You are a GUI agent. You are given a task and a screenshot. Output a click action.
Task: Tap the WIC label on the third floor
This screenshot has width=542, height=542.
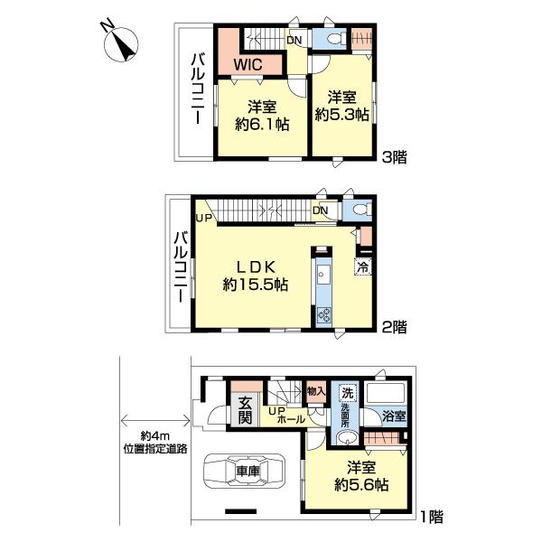pos(248,64)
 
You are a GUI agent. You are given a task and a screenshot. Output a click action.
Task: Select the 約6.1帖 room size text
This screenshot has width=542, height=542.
pos(262,124)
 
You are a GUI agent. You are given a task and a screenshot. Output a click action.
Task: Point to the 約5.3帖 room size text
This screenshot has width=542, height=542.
pos(341,115)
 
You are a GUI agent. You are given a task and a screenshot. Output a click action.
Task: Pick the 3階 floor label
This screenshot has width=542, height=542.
pos(394,157)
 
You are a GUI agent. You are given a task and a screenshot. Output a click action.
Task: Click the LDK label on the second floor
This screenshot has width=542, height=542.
pos(256,266)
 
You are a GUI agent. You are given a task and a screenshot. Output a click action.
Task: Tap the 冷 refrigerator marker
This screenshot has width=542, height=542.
pos(362,266)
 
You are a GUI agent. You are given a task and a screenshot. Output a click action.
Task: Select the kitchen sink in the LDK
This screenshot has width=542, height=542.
pos(323,275)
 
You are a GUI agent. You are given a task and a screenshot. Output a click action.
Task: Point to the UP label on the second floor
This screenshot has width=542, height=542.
pos(203,219)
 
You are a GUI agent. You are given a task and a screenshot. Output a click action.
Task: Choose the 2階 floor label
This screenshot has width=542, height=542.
pos(394,326)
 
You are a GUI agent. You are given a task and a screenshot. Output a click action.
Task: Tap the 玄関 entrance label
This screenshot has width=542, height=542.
pos(245,411)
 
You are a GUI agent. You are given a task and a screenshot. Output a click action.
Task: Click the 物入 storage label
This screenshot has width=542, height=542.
pos(316,392)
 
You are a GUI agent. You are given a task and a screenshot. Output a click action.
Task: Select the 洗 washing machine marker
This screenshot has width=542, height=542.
pos(348,393)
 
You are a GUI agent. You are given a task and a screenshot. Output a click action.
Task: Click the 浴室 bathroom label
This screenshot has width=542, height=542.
pos(394,416)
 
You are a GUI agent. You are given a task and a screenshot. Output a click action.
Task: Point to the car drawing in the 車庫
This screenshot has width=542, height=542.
pos(245,471)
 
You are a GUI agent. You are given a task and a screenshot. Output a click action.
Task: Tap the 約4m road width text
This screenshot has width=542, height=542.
pos(155,437)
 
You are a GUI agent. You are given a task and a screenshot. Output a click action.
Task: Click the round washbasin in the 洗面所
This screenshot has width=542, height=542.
pos(346,438)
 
